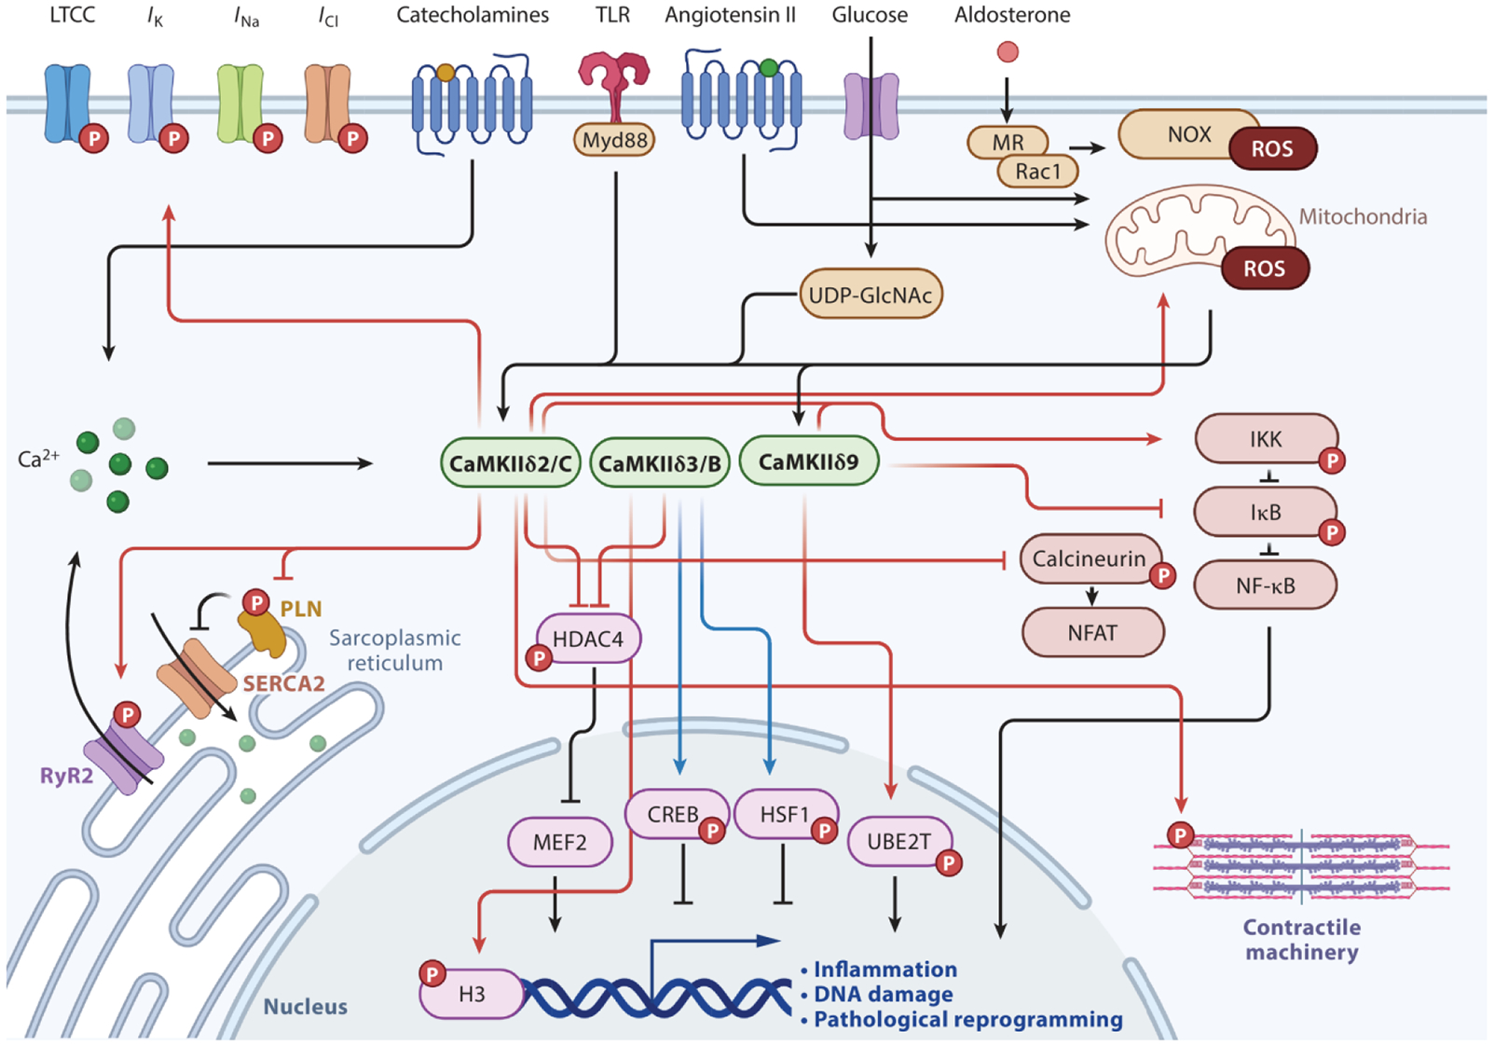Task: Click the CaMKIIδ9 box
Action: coord(808,461)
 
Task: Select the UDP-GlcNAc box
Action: coord(871,295)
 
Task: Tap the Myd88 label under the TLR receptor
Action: coord(614,140)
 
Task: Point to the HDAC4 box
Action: coord(588,639)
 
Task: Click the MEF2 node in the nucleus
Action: coord(559,842)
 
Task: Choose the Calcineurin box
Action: coord(1089,558)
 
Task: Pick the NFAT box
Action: coord(1092,633)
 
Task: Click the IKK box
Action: coord(1266,439)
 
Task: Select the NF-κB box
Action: coord(1266,585)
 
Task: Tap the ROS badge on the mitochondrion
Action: coord(1264,268)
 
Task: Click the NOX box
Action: coord(1189,134)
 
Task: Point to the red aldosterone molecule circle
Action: coord(1008,52)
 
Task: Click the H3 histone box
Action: coord(472,994)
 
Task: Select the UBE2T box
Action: coord(898,842)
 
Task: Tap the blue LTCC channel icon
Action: coord(67,102)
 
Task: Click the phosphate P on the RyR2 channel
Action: coord(127,715)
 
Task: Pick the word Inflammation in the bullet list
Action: coord(885,970)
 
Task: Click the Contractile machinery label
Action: coord(1301,940)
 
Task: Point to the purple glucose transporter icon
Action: coord(871,106)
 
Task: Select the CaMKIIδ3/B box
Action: coord(660,463)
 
